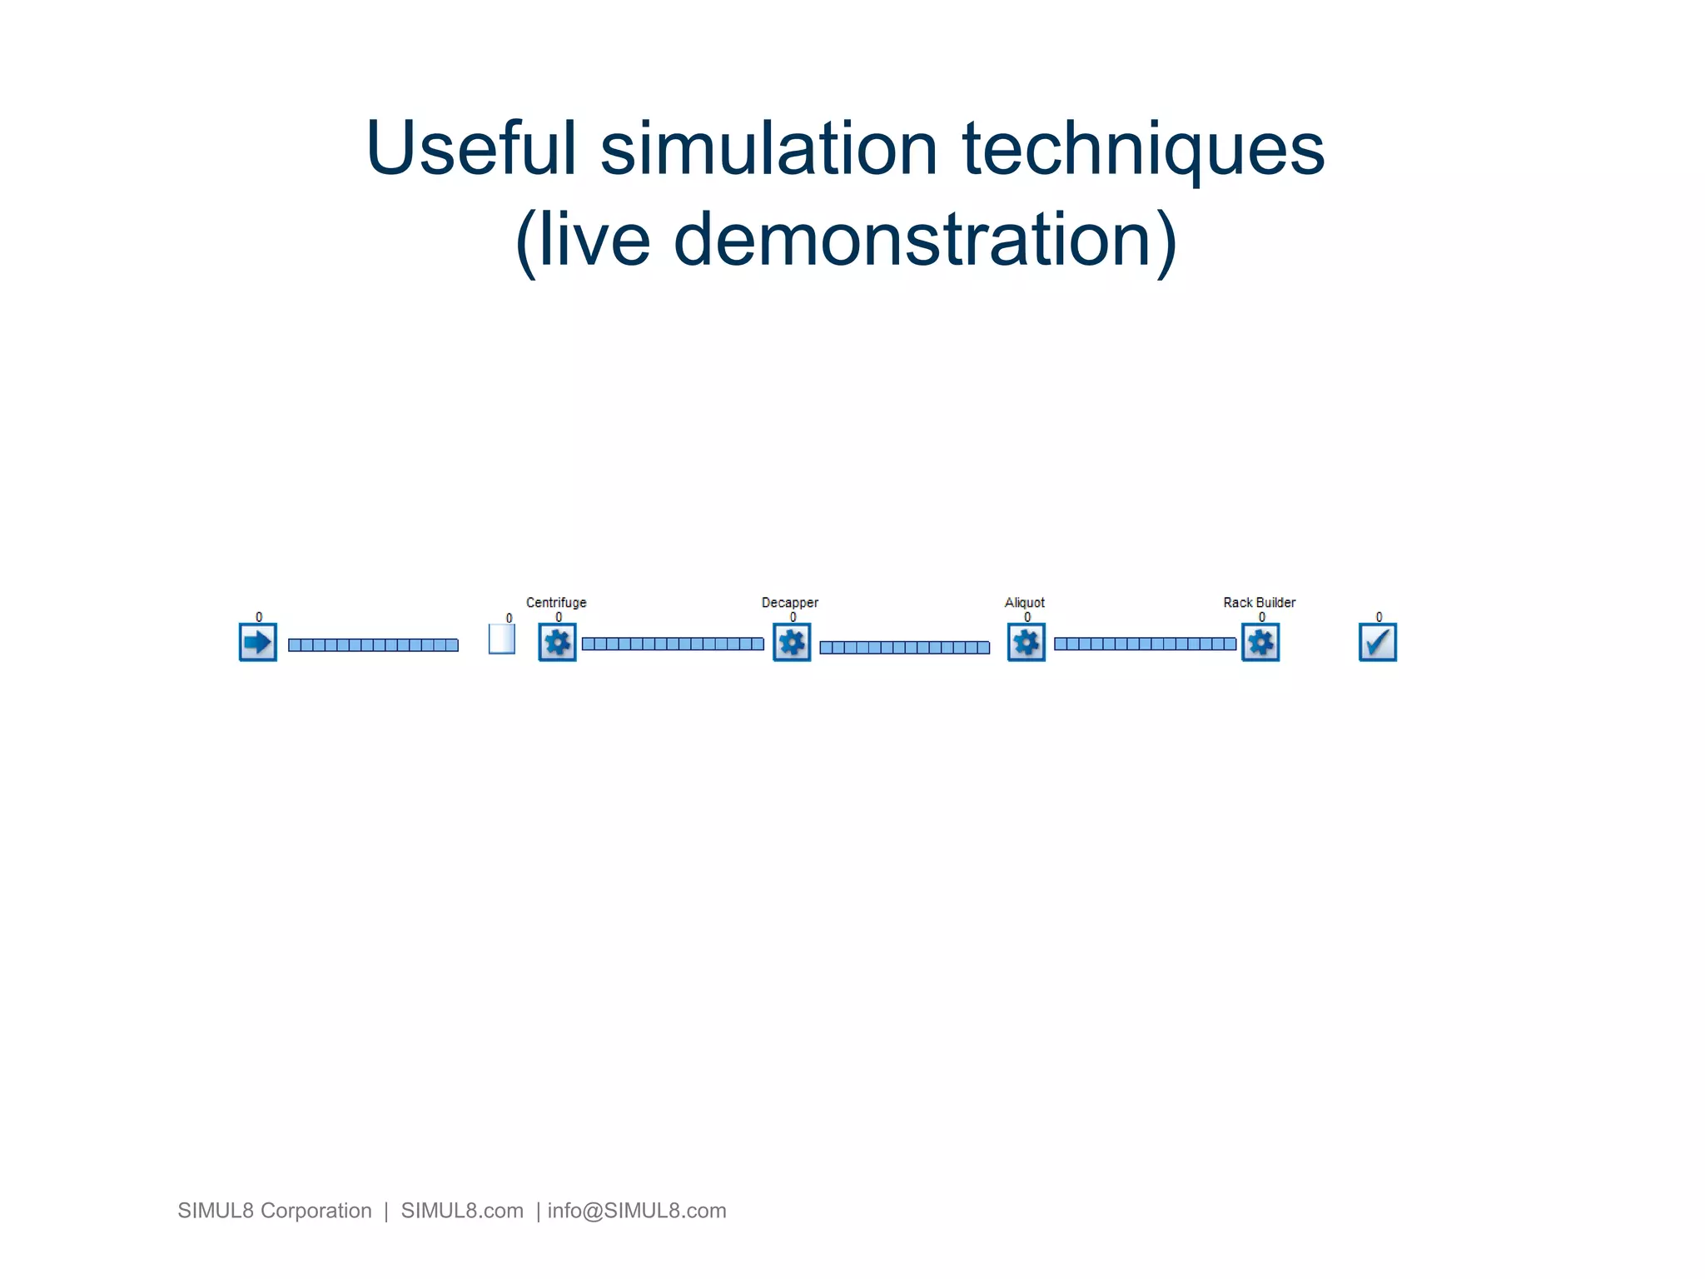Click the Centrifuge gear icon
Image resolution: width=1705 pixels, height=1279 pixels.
[x=557, y=642]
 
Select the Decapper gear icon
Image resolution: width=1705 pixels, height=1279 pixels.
[x=792, y=642]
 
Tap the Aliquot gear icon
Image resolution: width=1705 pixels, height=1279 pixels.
[x=1026, y=642]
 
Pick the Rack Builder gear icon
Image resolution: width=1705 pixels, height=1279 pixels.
[x=1260, y=642]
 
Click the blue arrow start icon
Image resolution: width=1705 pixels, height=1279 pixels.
[x=258, y=642]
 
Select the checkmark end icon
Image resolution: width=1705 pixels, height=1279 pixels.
[x=1378, y=642]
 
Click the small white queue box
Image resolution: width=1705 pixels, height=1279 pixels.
[x=501, y=639]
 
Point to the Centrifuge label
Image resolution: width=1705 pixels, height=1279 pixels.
[x=556, y=602]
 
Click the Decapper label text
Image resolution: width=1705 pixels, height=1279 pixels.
[x=790, y=602]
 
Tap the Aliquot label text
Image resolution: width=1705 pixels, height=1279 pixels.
[x=1025, y=602]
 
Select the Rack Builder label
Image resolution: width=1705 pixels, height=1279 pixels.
[x=1259, y=602]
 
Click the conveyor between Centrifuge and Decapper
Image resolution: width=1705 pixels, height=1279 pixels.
[x=673, y=644]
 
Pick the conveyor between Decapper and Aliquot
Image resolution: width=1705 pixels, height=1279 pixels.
[x=904, y=647]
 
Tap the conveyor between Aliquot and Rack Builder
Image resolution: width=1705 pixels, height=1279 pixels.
[x=1145, y=644]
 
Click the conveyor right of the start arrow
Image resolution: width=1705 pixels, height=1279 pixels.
[x=373, y=644]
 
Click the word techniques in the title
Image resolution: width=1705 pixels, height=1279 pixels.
[x=1143, y=150]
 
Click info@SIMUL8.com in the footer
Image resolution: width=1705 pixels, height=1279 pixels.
[x=637, y=1211]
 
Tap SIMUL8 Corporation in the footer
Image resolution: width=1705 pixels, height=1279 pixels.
[x=275, y=1211]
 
